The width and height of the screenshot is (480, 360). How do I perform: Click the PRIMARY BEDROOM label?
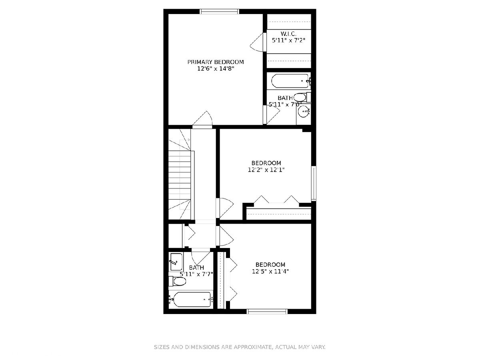click(215, 62)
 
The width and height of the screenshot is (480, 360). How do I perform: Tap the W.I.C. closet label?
click(288, 34)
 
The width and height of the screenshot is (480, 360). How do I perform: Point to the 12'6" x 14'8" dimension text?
click(216, 69)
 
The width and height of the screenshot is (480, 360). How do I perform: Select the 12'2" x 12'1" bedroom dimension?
click(266, 170)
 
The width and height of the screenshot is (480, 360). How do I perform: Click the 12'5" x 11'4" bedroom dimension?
click(270, 272)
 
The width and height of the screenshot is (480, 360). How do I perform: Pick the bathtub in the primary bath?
click(290, 81)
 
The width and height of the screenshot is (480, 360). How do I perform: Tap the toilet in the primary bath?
click(302, 97)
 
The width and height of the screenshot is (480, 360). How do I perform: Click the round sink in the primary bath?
click(304, 111)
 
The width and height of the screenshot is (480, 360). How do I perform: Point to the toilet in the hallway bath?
click(177, 281)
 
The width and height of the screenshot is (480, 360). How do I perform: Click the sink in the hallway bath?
click(176, 262)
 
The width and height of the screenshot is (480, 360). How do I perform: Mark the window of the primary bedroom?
click(220, 11)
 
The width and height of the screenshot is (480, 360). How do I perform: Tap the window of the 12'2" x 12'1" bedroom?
click(314, 183)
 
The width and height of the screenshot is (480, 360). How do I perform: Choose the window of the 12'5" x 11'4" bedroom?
click(266, 312)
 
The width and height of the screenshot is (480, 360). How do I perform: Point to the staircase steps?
click(180, 174)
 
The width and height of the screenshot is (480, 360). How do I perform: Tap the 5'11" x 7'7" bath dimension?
click(196, 274)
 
